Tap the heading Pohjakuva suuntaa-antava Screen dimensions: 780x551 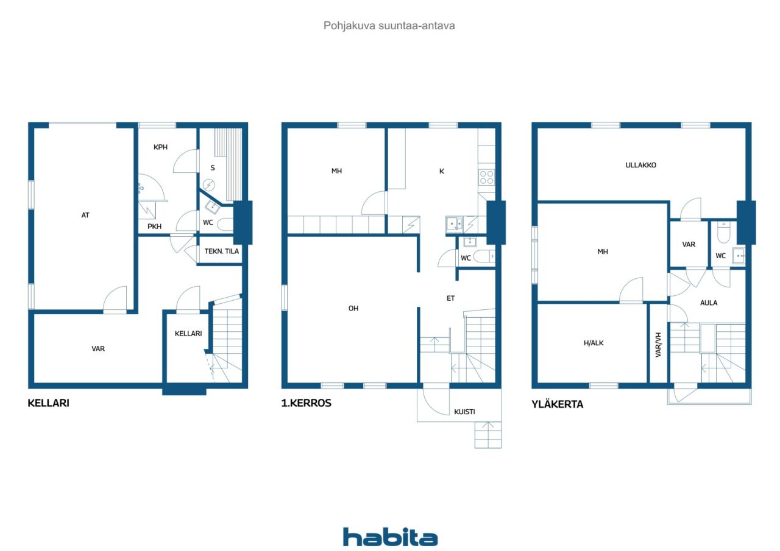pos(389,26)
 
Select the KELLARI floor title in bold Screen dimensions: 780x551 pos(48,403)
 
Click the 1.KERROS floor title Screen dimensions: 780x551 pos(306,403)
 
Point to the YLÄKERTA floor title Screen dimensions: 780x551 pos(557,404)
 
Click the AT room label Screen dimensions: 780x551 pos(85,216)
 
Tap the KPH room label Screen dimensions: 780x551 pos(160,147)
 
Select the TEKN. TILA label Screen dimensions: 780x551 pos(221,251)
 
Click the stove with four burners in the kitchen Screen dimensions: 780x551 pos(486,177)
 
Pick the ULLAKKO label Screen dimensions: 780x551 pos(640,165)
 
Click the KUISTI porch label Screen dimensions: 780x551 pos(464,412)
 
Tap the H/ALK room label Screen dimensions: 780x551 pos(594,343)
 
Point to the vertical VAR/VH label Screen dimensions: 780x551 pos(658,345)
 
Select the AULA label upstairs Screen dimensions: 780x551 pos(709,303)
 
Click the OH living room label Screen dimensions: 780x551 pos(353,308)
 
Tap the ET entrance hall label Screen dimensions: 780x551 pos(450,298)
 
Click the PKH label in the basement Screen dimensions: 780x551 pos(154,226)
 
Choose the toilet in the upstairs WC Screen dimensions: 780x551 pos(723,233)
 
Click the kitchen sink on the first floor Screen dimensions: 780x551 pos(454,224)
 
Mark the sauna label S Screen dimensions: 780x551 pos(213,168)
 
